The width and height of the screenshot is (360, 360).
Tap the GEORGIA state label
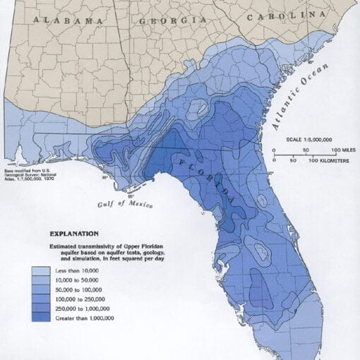[168, 21]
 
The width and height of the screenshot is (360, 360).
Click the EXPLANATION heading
[74, 233]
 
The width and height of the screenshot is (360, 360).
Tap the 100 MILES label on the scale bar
[343, 151]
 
